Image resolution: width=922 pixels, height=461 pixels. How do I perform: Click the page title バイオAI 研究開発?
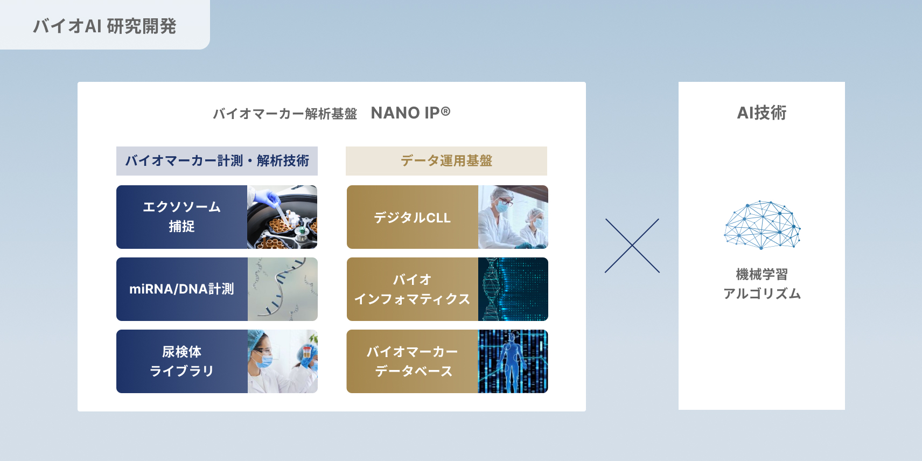104,26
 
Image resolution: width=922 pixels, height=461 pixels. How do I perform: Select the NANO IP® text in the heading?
410,113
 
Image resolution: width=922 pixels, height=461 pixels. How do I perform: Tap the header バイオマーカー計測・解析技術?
217,161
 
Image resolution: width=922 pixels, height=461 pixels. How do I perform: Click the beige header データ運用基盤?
446,161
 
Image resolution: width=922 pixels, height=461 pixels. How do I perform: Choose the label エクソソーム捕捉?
181,217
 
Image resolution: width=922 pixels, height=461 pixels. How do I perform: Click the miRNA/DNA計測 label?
181,289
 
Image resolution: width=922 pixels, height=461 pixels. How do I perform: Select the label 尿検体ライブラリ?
181,361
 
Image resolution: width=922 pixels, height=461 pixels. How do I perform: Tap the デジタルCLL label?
412,218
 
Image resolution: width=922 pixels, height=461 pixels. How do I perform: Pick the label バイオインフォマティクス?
412,289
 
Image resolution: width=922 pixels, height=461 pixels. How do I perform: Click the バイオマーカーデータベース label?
412,361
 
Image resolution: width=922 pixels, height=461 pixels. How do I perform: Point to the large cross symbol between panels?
632,246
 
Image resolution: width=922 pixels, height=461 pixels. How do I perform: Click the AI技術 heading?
762,113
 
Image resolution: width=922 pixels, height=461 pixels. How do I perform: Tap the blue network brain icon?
762,225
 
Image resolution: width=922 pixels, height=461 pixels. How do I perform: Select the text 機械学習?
762,275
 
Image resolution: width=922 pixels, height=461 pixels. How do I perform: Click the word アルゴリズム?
762,294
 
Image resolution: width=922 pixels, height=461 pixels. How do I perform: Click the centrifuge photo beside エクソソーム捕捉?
282,217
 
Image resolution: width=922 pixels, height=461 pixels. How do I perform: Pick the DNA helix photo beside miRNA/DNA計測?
282,289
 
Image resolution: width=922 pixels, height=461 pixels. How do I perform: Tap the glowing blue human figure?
511,358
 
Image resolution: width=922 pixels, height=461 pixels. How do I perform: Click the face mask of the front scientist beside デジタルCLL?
503,206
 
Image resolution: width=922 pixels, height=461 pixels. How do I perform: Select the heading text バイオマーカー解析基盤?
285,114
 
